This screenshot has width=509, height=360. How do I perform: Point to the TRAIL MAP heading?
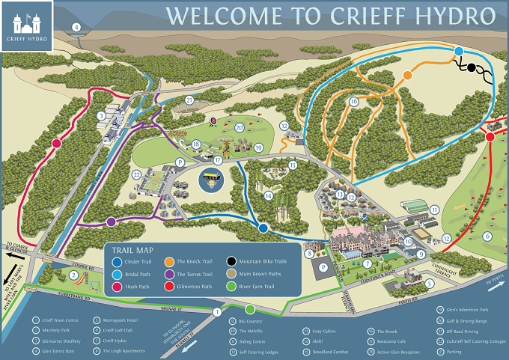133,250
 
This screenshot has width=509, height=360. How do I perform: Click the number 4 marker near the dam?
76,28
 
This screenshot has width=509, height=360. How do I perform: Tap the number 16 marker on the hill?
353,101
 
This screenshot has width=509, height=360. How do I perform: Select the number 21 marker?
189,100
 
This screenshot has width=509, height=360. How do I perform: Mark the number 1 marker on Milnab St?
217,312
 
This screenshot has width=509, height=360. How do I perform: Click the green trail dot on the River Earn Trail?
250,309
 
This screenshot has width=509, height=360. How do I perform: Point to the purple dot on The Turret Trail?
111,222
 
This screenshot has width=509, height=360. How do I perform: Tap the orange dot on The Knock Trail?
409,75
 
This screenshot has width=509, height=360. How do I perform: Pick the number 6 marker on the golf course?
487,237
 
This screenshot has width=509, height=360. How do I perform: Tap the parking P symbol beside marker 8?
323,266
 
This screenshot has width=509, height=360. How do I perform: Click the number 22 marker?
137,174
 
